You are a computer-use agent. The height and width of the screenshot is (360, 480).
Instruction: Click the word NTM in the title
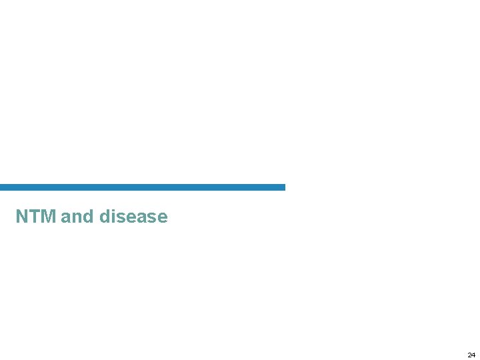[36, 217]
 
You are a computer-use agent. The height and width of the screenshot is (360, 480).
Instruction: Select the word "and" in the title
[77, 217]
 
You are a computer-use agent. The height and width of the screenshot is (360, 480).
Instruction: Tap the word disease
[133, 217]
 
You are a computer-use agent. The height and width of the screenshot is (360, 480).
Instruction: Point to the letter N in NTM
[22, 217]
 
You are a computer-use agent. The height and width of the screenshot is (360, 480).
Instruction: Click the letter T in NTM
[34, 217]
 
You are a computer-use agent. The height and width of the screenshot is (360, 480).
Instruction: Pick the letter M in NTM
[47, 217]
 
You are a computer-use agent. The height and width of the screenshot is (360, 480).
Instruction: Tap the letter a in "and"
[65, 217]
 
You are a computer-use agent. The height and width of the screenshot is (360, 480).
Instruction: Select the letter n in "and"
[77, 217]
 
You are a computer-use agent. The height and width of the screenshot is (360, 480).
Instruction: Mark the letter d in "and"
[88, 217]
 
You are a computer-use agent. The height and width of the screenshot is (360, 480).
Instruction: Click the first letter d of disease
[103, 217]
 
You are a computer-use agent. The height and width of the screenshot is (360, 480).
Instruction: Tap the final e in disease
[162, 217]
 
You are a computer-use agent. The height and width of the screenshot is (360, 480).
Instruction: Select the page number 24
[471, 355]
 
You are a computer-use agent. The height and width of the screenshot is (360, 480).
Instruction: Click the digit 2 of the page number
[469, 355]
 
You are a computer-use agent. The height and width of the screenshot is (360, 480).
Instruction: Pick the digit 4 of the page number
[473, 355]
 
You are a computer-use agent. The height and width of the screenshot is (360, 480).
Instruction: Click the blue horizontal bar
[143, 187]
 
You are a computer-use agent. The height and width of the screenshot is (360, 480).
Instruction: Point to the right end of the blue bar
[283, 187]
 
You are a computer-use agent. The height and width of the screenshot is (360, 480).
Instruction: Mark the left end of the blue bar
[2, 187]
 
